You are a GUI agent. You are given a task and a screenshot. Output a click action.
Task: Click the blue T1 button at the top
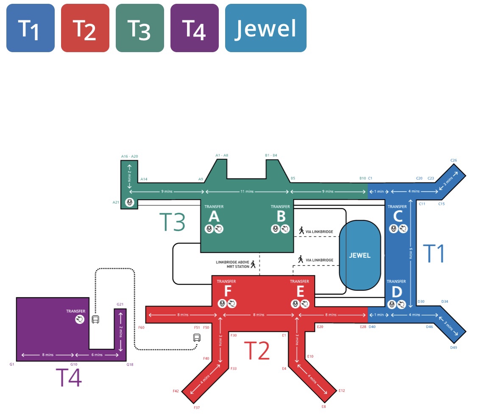31,28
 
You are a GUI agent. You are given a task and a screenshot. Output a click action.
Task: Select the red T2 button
85,28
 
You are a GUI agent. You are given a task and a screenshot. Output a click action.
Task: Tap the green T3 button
140,28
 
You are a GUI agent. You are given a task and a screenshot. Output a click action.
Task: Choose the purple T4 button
195,28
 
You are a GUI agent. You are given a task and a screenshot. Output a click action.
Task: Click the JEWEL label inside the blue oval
360,256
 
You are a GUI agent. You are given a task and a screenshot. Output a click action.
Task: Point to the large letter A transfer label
214,217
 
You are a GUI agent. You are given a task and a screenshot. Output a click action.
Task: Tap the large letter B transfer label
281,217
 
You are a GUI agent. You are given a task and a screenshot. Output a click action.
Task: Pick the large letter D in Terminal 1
397,292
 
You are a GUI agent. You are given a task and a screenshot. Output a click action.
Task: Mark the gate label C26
454,161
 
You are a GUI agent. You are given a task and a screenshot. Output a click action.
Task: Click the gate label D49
454,348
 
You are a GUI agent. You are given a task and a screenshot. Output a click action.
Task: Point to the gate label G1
12,364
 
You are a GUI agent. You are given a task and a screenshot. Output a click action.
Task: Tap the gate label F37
197,407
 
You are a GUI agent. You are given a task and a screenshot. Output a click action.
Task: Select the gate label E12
342,390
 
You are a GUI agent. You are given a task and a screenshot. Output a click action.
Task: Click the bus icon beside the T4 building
96,319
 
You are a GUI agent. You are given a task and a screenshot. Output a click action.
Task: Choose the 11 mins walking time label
248,192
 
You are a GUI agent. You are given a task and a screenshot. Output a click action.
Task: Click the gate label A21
116,202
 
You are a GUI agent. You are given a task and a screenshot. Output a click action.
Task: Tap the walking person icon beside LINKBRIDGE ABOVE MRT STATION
253,265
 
